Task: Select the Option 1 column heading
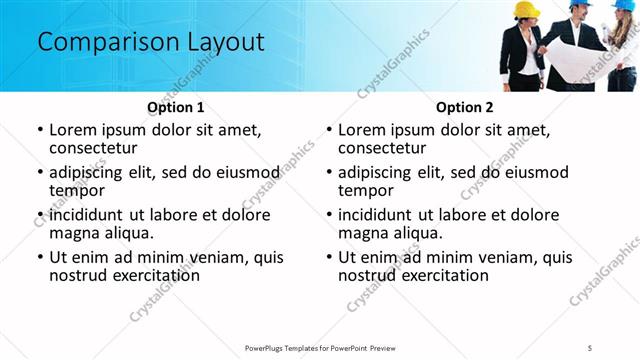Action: tap(175, 106)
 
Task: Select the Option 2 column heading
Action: tap(464, 106)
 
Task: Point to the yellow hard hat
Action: tap(526, 10)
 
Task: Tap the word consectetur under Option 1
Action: tap(94, 148)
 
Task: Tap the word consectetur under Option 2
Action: tap(383, 148)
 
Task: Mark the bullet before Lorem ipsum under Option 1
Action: tap(39, 131)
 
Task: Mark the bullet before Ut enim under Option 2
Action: tap(328, 258)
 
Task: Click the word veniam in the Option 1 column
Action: tap(221, 257)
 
